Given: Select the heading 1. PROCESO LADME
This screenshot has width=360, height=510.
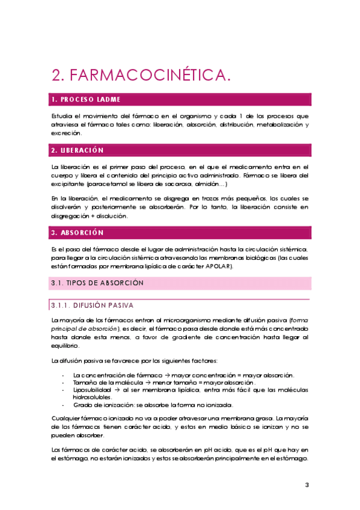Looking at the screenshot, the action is [86, 99].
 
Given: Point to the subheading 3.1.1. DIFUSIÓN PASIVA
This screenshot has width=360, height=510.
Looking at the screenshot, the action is [96, 305].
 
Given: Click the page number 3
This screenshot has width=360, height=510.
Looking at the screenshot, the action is [307, 485].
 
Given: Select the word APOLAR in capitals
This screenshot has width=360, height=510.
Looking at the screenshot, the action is [219, 266].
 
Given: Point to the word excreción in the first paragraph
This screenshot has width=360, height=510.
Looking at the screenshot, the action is [66, 133].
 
